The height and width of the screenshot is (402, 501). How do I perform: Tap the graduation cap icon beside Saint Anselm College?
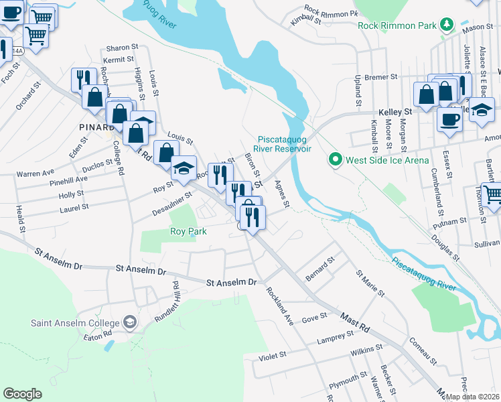tap(130, 323)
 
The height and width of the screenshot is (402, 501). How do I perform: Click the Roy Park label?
tap(188, 231)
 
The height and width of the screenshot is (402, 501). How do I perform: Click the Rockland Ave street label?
tap(280, 306)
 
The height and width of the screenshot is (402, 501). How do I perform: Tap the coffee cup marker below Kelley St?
tap(449, 120)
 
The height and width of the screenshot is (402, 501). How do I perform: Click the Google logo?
tap(22, 394)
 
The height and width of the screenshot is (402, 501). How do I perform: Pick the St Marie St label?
tap(370, 283)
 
